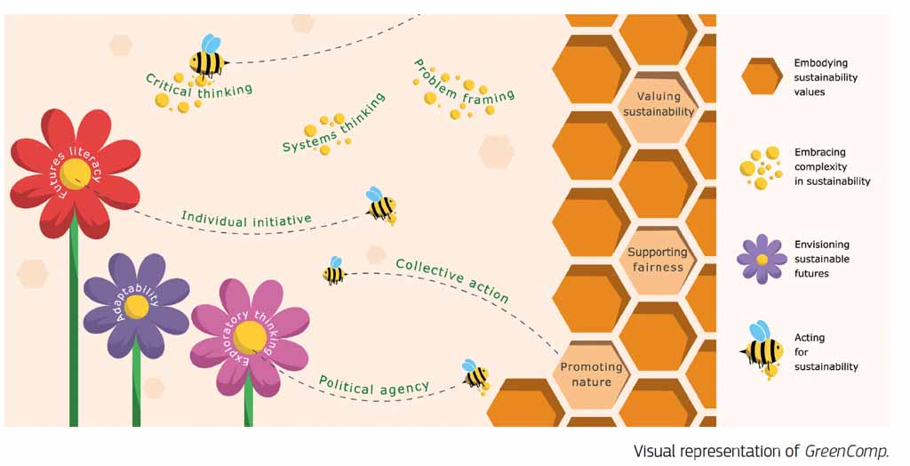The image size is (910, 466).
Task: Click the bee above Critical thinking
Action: tap(208, 58)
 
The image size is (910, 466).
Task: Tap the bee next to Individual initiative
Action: tap(381, 205)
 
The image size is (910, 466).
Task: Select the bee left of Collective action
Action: tap(334, 270)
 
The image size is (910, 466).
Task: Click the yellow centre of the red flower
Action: tap(75, 174)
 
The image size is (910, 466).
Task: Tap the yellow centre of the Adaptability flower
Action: tap(137, 307)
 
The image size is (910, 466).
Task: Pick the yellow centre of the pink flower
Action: tap(250, 335)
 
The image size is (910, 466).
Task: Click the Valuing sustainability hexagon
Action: tap(659, 104)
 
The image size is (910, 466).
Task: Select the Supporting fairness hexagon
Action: tap(658, 259)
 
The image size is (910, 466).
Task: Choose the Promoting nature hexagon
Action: tap(591, 374)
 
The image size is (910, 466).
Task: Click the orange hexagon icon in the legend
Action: tap(762, 76)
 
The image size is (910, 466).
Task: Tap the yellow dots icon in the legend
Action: tap(760, 167)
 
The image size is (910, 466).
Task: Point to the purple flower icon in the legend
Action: tap(762, 259)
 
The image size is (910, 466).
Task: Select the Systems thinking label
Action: tap(334, 124)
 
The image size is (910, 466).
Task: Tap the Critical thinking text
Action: tap(199, 85)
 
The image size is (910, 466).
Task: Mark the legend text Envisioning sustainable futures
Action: tap(822, 259)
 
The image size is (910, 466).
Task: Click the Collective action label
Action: tap(452, 279)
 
